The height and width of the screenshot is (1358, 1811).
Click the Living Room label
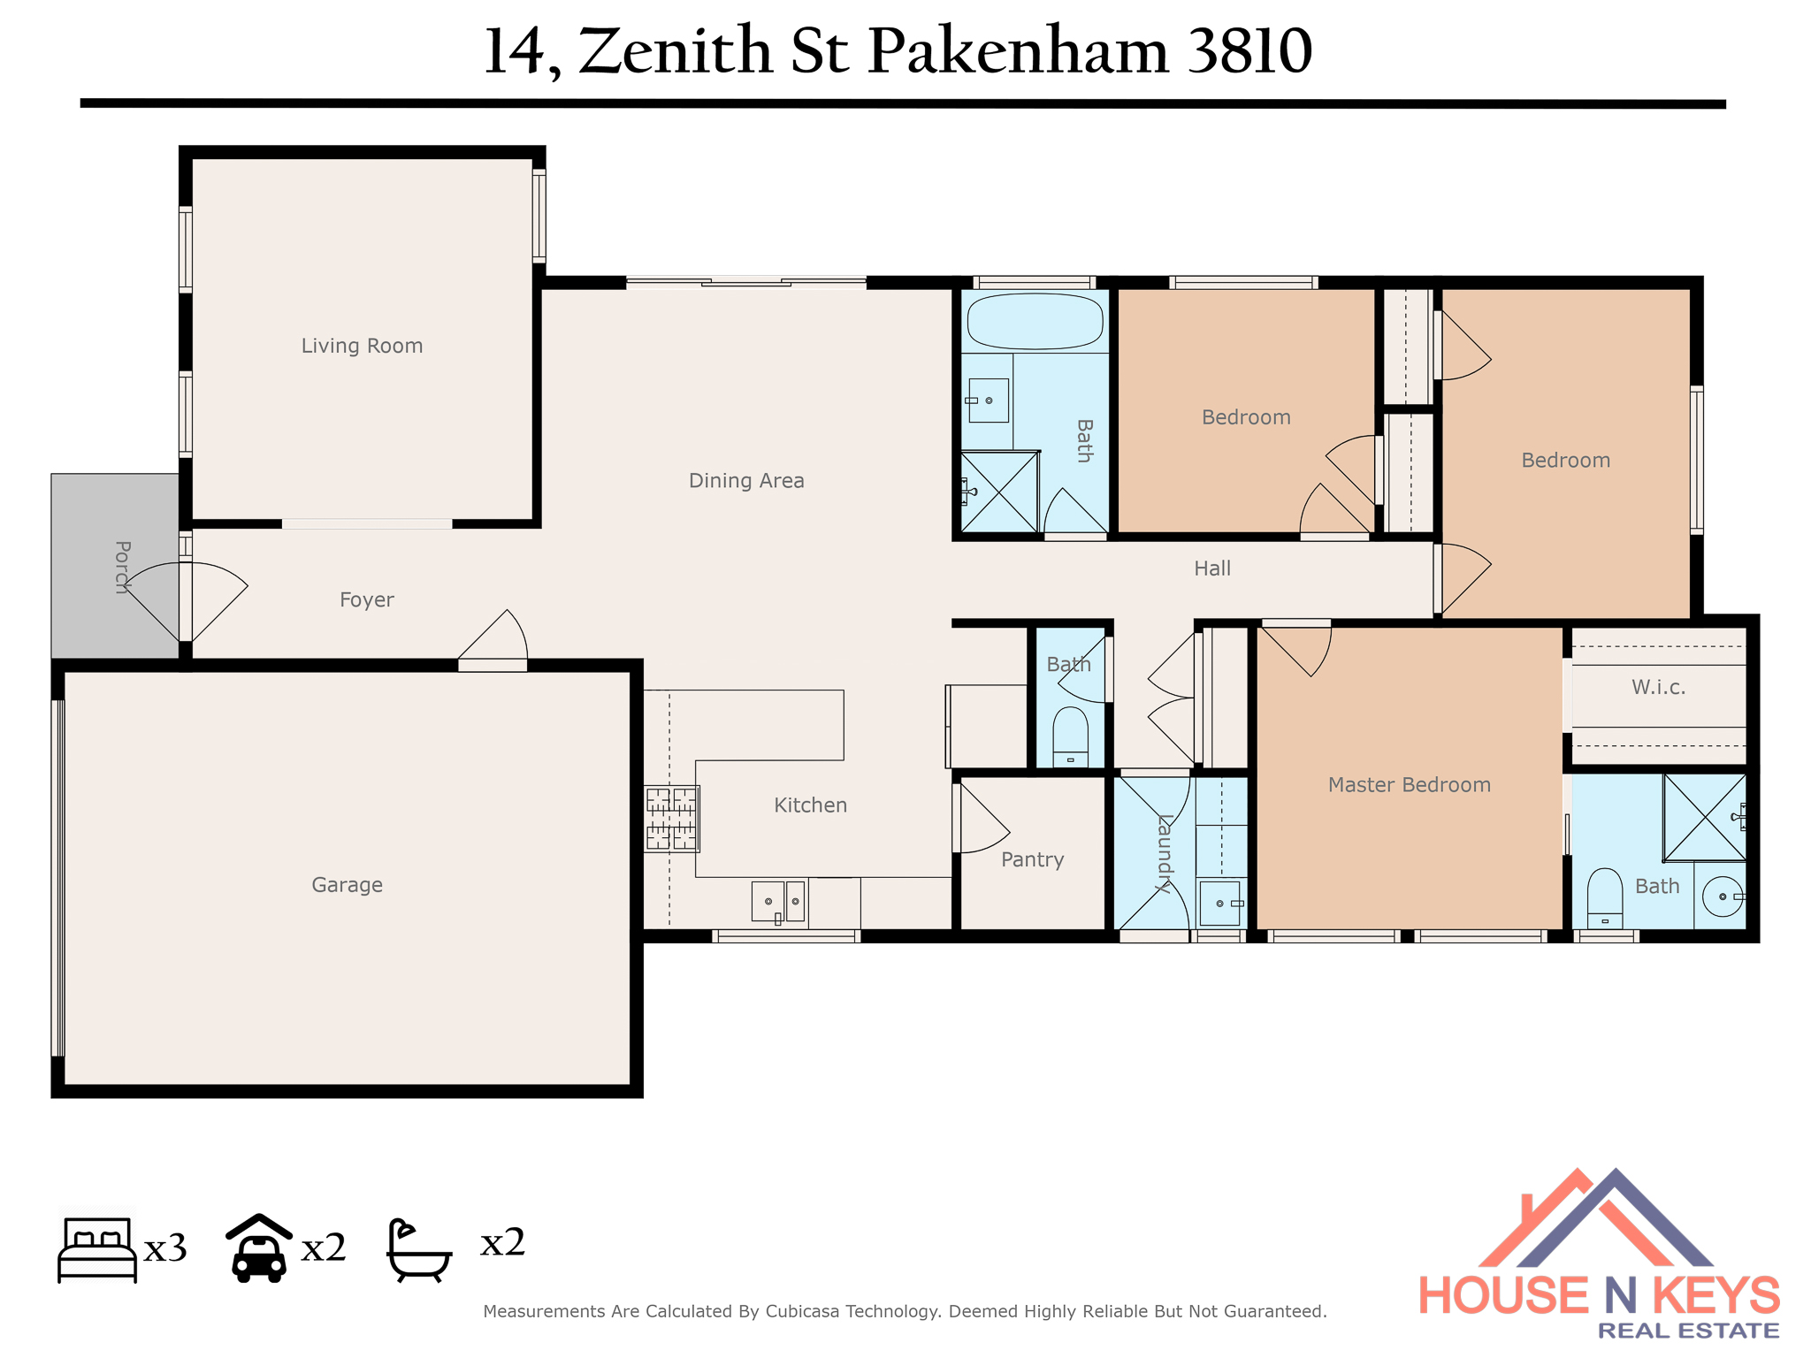362,346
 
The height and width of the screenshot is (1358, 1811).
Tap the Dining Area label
746,481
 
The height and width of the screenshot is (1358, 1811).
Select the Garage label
347,885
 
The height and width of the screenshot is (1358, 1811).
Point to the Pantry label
1032,859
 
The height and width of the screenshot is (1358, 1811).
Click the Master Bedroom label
1410,785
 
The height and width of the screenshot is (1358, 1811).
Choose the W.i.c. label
1658,687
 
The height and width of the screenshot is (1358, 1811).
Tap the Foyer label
366,600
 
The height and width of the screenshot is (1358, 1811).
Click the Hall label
1212,568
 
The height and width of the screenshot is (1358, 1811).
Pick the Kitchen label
810,805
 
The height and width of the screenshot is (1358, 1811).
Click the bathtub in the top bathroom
1035,321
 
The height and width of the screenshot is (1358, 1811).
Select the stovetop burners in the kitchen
671,819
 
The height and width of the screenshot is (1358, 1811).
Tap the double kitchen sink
778,902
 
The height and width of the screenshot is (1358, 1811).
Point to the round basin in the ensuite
1723,896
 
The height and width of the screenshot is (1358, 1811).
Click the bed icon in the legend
97,1249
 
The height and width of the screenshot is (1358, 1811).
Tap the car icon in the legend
258,1247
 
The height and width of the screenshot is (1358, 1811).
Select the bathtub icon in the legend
419,1250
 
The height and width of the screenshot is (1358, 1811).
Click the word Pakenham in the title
1018,51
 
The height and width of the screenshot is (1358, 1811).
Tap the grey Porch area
115,566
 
